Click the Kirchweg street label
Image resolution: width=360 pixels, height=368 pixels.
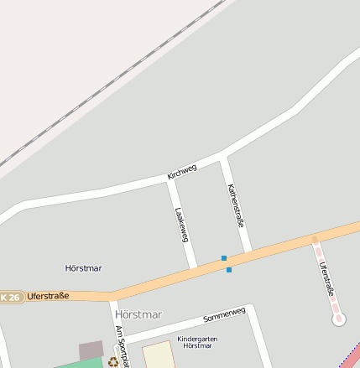click(x=182, y=171)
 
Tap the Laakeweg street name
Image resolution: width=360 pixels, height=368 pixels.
click(x=180, y=225)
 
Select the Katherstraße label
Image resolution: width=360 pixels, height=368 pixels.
click(x=236, y=206)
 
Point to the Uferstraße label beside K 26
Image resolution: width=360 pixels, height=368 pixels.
click(x=48, y=296)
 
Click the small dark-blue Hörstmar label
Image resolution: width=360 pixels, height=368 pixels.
click(x=83, y=268)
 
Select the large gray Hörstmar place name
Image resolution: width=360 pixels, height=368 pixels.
click(x=137, y=314)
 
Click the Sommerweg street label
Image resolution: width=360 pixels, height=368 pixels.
click(x=224, y=315)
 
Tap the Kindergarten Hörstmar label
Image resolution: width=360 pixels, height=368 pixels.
click(x=197, y=342)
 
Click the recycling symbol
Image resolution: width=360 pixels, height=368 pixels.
click(x=112, y=362)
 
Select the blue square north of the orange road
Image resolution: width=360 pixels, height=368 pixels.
click(x=224, y=258)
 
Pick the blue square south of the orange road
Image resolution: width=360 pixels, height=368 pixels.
click(x=228, y=269)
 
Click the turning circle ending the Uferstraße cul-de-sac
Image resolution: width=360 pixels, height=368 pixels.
click(x=338, y=319)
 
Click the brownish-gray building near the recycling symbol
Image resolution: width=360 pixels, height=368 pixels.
click(x=91, y=350)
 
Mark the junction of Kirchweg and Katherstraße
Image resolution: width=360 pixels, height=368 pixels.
click(x=223, y=157)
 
